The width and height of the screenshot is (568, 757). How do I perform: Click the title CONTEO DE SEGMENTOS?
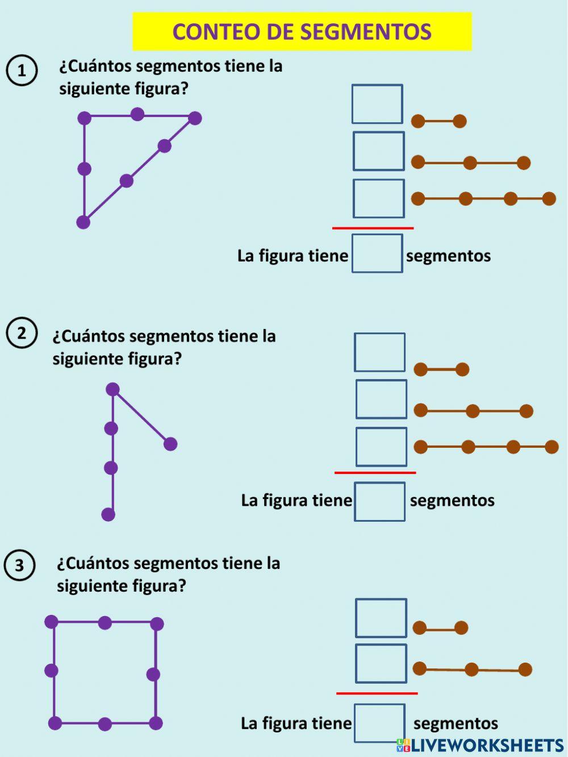[x=302, y=32]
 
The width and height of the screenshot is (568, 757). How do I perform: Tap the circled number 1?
[x=22, y=70]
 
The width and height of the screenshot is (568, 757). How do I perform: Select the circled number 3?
[x=19, y=565]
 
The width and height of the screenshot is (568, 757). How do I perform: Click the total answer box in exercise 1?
[x=377, y=253]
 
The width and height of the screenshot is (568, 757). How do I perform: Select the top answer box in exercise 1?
[x=377, y=104]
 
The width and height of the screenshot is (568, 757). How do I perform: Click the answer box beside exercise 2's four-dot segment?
[x=381, y=447]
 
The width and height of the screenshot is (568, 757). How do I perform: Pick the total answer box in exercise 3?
[x=379, y=723]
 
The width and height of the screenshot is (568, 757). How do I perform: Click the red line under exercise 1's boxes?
[x=373, y=228]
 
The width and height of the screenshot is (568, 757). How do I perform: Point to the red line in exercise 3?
[x=377, y=693]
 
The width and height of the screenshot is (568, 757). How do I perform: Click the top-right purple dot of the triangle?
[x=195, y=118]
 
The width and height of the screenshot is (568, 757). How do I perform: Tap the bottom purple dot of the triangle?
[x=83, y=222]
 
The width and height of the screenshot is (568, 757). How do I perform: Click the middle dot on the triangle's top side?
[x=137, y=114]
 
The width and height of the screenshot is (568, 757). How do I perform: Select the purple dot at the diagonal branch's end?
[x=170, y=444]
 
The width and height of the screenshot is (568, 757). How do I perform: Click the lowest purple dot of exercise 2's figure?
[x=108, y=514]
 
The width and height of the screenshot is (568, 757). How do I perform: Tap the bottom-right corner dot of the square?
[x=156, y=723]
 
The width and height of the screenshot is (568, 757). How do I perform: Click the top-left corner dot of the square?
[x=51, y=622]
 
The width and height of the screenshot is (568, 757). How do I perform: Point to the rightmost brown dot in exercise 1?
[x=549, y=198]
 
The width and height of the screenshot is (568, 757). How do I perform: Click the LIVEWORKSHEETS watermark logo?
[x=480, y=746]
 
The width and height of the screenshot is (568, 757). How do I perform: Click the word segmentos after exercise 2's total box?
[x=452, y=501]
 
